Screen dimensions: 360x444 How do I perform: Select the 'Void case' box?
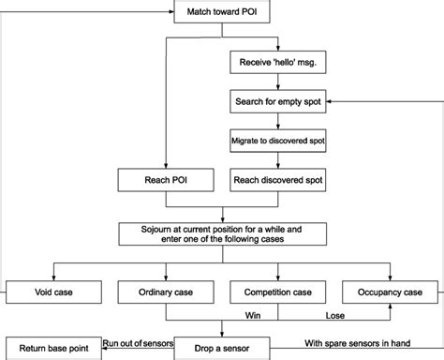53,292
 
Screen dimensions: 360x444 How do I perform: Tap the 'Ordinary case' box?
165,292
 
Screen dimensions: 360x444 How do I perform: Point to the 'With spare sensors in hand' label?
351,341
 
